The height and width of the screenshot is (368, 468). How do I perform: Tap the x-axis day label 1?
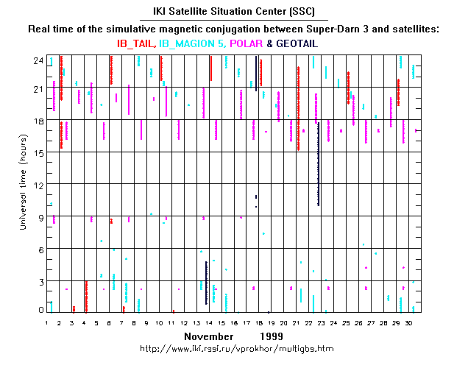click(x=47, y=322)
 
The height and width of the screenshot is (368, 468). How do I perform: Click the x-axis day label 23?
click(x=322, y=322)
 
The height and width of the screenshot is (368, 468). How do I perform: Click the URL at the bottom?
click(x=235, y=347)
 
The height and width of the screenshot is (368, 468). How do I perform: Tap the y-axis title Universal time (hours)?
click(x=23, y=185)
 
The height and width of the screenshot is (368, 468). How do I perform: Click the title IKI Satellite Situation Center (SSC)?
click(x=234, y=13)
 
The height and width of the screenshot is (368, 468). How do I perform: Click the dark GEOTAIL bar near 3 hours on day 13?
click(x=206, y=283)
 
